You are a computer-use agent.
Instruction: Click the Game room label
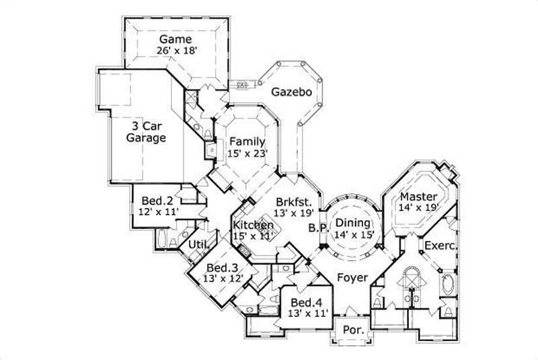pyautogui.click(x=176, y=39)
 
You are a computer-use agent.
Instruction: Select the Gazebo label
pyautogui.click(x=291, y=92)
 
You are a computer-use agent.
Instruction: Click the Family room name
pyautogui.click(x=247, y=141)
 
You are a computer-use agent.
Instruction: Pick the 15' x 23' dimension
pyautogui.click(x=247, y=153)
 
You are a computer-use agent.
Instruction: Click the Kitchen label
pyautogui.click(x=254, y=225)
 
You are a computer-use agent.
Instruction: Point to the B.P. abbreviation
pyautogui.click(x=317, y=229)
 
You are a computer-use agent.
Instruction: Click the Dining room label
pyautogui.click(x=352, y=223)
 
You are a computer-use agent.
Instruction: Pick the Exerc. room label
pyautogui.click(x=440, y=246)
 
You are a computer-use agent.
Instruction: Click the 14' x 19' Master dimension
pyautogui.click(x=419, y=208)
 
